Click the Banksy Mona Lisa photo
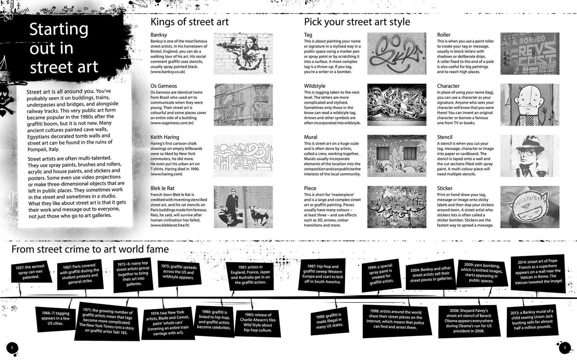(x=243, y=53)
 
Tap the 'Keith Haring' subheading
(x=165, y=137)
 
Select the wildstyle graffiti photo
(x=397, y=105)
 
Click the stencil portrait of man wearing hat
(x=530, y=156)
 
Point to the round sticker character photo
(x=530, y=207)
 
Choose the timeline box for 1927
(x=31, y=272)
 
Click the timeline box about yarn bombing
(x=482, y=273)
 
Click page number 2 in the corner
(x=12, y=348)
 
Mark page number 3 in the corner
(x=565, y=348)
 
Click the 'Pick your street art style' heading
(x=357, y=22)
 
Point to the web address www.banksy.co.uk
(x=168, y=72)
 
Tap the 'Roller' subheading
(x=444, y=35)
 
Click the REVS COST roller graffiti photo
(x=530, y=53)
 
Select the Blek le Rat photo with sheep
(x=243, y=207)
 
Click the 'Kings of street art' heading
(x=190, y=22)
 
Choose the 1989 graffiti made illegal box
(x=330, y=320)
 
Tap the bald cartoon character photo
(x=530, y=105)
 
